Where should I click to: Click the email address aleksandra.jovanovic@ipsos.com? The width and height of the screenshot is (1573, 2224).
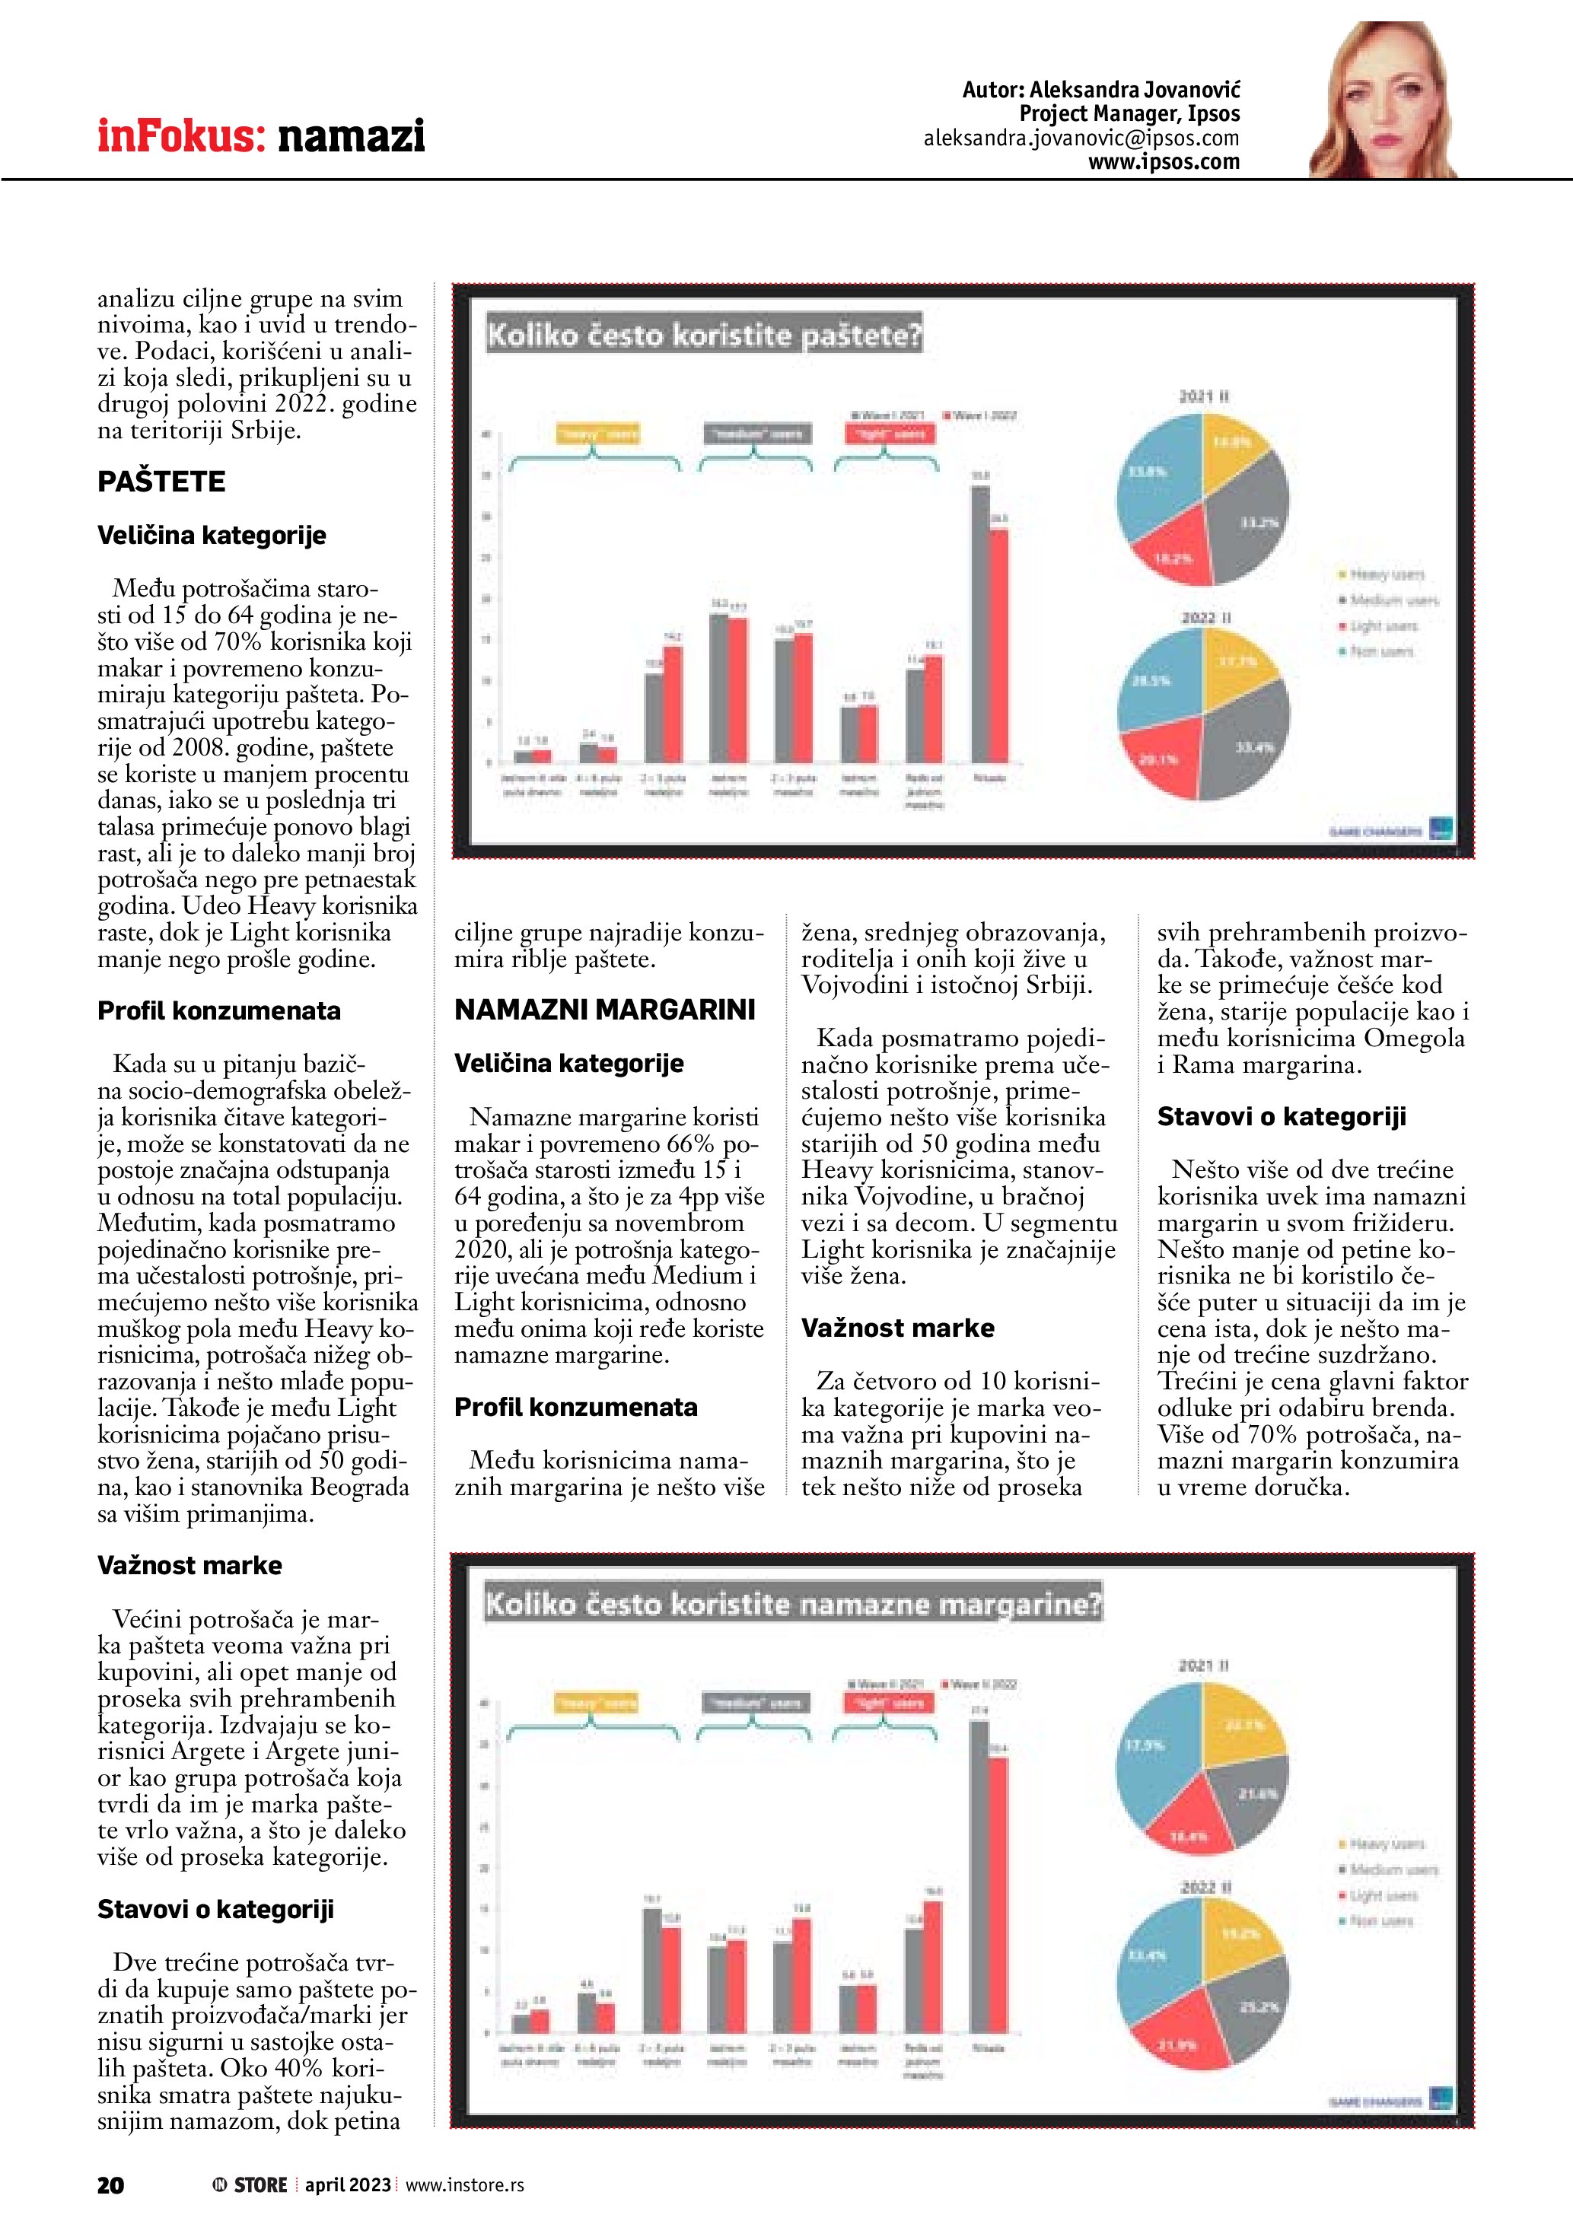pyautogui.click(x=1081, y=138)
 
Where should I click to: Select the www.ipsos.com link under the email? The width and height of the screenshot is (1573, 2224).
pyautogui.click(x=1164, y=163)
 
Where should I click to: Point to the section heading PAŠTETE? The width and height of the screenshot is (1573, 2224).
pyautogui.click(x=161, y=482)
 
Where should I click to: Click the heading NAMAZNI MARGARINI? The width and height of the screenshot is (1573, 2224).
pyautogui.click(x=604, y=1010)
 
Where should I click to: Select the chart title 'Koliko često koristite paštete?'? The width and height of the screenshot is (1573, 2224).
pyautogui.click(x=704, y=335)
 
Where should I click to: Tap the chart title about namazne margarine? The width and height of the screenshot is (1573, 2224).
pyautogui.click(x=793, y=1604)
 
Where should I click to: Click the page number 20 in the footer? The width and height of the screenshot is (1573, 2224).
pyautogui.click(x=110, y=2185)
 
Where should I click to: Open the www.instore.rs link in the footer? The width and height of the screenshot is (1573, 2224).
pyautogui.click(x=464, y=2185)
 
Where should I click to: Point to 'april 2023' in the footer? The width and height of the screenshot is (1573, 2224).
pyautogui.click(x=348, y=2185)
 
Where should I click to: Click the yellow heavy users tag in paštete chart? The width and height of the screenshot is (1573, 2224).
pyautogui.click(x=597, y=434)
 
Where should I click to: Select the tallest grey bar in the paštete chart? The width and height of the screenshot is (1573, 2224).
pyautogui.click(x=980, y=624)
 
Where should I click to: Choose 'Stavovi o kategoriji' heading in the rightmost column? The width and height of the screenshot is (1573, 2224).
pyautogui.click(x=1281, y=1117)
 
